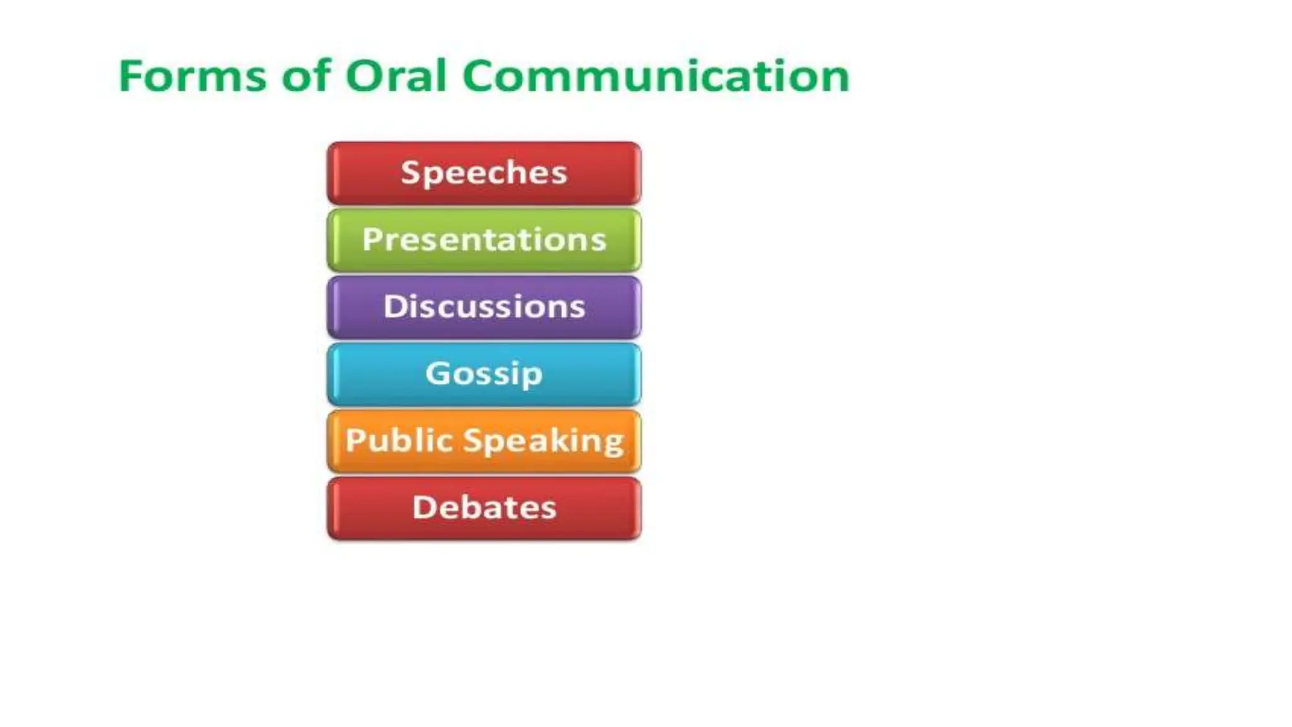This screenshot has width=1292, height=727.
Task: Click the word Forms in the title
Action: pyautogui.click(x=192, y=76)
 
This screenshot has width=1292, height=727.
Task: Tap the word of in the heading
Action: pyautogui.click(x=306, y=76)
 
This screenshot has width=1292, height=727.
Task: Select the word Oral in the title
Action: pyautogui.click(x=396, y=76)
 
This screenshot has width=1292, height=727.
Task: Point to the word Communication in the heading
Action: pyautogui.click(x=656, y=76)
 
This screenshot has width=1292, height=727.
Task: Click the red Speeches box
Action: pyautogui.click(x=484, y=173)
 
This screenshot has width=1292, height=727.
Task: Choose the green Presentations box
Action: pyautogui.click(x=484, y=240)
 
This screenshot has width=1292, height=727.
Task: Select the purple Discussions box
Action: pyautogui.click(x=484, y=307)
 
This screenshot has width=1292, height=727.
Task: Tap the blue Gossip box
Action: pyautogui.click(x=484, y=374)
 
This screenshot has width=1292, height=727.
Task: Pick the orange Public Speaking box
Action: pyautogui.click(x=484, y=440)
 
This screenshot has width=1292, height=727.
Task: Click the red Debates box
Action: pyautogui.click(x=484, y=507)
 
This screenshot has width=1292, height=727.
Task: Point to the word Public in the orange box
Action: pyautogui.click(x=400, y=440)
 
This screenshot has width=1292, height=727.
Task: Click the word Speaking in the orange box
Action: pyautogui.click(x=544, y=441)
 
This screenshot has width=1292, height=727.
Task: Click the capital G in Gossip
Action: pyautogui.click(x=438, y=372)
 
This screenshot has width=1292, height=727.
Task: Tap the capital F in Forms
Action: pyautogui.click(x=131, y=76)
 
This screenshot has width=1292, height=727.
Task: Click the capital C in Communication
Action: pyautogui.click(x=483, y=76)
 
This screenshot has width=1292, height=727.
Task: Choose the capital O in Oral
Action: pyautogui.click(x=365, y=76)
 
